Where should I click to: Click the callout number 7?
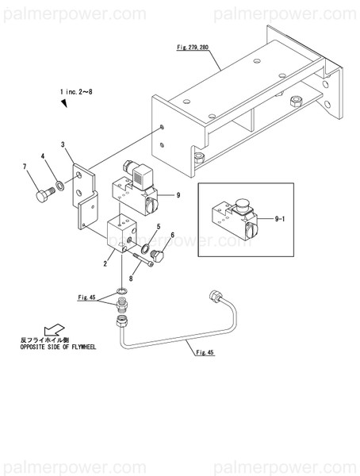pos(25,166)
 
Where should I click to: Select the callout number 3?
pos(63,144)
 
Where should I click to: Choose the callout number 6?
pos(173,236)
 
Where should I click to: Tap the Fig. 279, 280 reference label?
pos(193,48)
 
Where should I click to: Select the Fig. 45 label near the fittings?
pos(87,297)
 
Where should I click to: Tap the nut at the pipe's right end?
pos(213,297)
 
